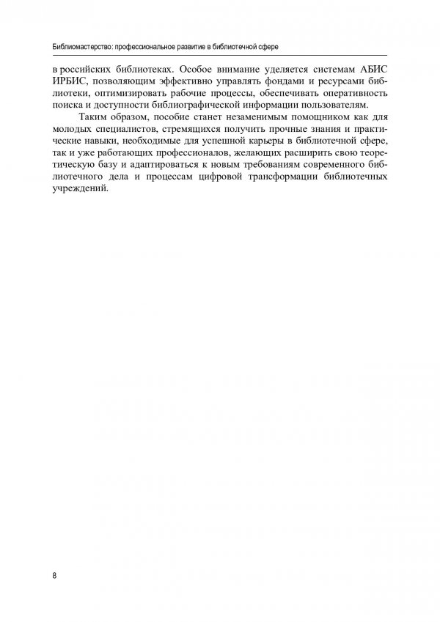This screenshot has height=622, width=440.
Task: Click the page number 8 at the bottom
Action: pyautogui.click(x=55, y=574)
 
